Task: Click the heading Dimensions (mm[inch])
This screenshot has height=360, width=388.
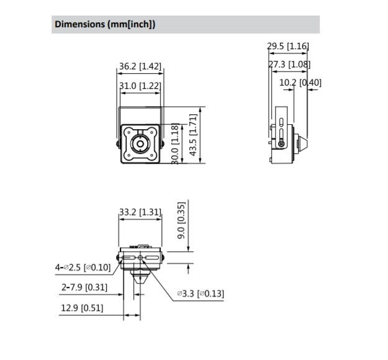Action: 105,24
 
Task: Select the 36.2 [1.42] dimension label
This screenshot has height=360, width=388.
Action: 140,66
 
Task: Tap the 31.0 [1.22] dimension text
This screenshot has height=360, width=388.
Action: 140,86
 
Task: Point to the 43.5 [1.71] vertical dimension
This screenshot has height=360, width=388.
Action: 193,135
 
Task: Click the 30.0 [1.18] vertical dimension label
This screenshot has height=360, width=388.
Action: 175,144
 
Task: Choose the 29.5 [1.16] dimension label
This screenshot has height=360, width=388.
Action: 288,46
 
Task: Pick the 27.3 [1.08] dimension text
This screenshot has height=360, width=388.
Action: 289,65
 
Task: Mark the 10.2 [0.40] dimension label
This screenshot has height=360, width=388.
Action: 300,83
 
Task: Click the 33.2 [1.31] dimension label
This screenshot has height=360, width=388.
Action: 140,212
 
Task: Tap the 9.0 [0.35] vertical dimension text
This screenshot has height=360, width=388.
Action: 181,220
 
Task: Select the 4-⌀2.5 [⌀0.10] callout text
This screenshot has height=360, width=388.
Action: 83,268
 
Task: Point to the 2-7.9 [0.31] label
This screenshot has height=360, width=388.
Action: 84,287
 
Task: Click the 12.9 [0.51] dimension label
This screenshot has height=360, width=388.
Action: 82,308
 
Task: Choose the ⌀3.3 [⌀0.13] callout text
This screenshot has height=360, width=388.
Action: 201,294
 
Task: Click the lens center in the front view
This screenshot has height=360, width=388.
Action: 140,144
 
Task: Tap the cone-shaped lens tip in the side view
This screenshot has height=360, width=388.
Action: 302,144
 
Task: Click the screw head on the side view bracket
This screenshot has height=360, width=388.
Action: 281,143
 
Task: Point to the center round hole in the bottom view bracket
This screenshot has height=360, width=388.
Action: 140,258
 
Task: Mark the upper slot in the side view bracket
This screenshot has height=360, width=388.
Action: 281,122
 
